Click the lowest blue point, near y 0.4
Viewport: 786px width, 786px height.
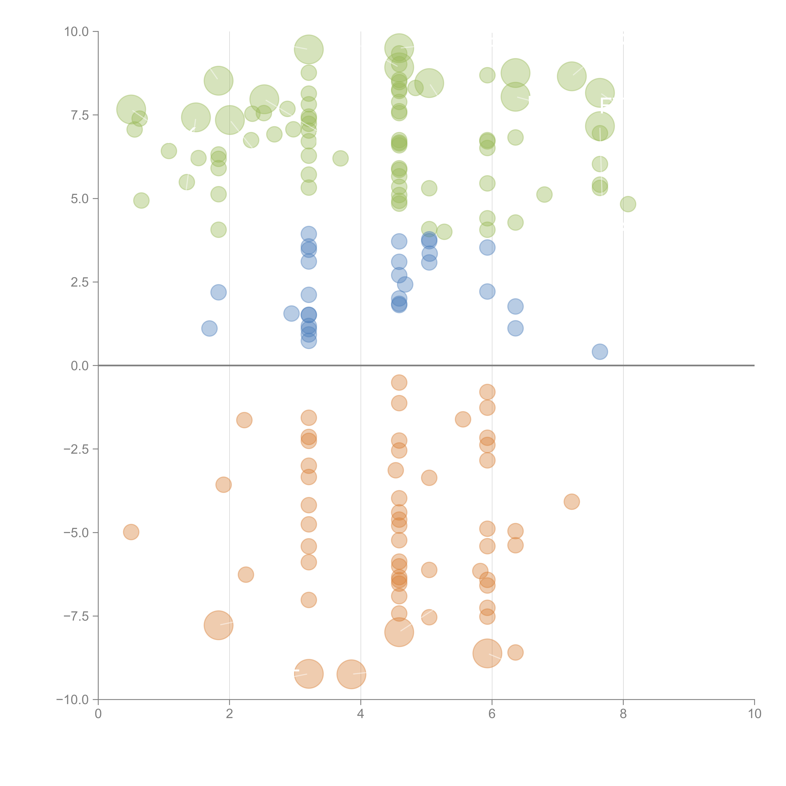pyautogui.click(x=600, y=351)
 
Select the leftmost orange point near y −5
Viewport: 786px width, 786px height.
pyautogui.click(x=131, y=532)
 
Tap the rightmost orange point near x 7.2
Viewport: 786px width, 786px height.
pyautogui.click(x=572, y=502)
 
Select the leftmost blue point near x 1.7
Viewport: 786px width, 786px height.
pyautogui.click(x=209, y=328)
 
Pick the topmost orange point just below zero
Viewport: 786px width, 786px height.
pyautogui.click(x=399, y=382)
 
